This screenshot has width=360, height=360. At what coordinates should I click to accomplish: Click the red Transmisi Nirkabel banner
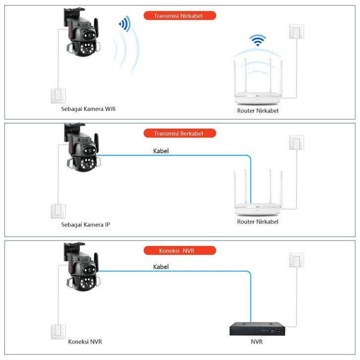[x=180, y=15]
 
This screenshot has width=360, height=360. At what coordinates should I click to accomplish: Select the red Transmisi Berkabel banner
[x=180, y=133]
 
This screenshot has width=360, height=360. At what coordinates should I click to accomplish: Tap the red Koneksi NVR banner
[x=180, y=250]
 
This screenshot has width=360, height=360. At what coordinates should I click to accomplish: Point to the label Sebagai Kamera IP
[x=85, y=225]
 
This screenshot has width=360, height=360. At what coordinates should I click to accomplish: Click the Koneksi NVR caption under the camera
[x=85, y=342]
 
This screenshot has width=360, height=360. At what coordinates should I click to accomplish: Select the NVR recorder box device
[x=257, y=328]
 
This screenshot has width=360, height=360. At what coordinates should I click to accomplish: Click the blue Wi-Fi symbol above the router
[x=257, y=40]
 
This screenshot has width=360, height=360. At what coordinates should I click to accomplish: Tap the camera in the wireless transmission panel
[x=81, y=37]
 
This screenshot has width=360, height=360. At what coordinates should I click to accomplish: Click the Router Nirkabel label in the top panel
[x=257, y=111]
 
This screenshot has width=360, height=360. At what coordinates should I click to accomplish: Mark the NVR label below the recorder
[x=257, y=342]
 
